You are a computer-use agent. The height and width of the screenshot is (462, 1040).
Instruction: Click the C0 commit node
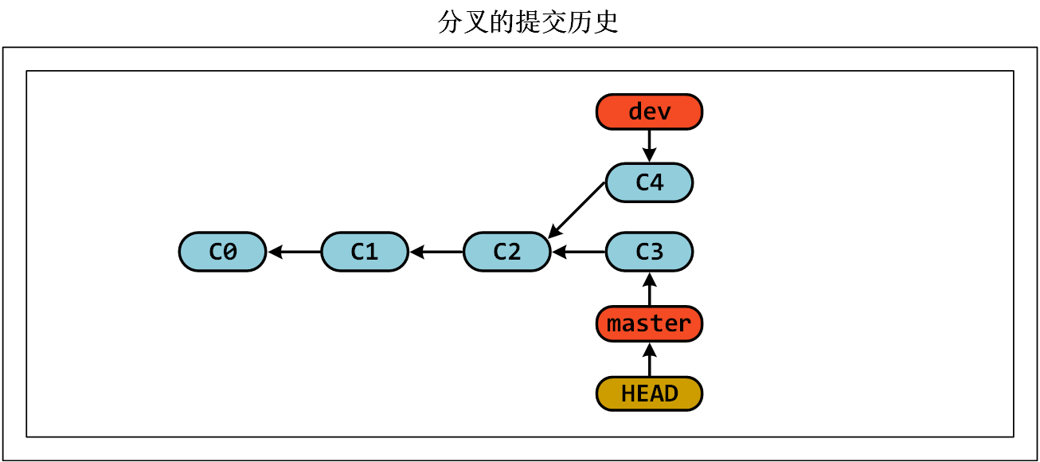tap(222, 252)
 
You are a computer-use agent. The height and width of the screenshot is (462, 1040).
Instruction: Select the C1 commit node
tap(365, 252)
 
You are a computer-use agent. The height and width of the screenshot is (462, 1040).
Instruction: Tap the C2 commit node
tap(506, 252)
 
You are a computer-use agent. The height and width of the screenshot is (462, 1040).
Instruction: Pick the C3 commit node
tap(649, 252)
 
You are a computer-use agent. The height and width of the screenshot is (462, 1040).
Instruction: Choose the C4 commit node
tap(649, 182)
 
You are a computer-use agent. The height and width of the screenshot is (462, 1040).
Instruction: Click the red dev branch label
tap(649, 112)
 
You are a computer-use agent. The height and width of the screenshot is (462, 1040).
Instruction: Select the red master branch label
tap(649, 323)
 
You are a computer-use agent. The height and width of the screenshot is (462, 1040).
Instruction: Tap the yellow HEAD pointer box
tap(649, 393)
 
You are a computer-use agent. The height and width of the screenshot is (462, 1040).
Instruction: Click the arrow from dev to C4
tap(649, 146)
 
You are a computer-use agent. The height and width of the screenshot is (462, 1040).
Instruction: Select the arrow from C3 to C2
tap(579, 252)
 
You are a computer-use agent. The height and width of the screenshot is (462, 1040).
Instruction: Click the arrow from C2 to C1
tap(436, 252)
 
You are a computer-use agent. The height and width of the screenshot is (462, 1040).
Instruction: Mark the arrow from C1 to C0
tap(295, 252)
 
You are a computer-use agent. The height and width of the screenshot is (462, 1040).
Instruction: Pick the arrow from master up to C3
tap(649, 289)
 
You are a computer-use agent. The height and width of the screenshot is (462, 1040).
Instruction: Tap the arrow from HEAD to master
tap(649, 359)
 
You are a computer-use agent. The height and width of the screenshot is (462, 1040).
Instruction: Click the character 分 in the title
tap(450, 22)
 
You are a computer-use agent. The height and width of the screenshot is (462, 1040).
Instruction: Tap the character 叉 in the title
tap(476, 22)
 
